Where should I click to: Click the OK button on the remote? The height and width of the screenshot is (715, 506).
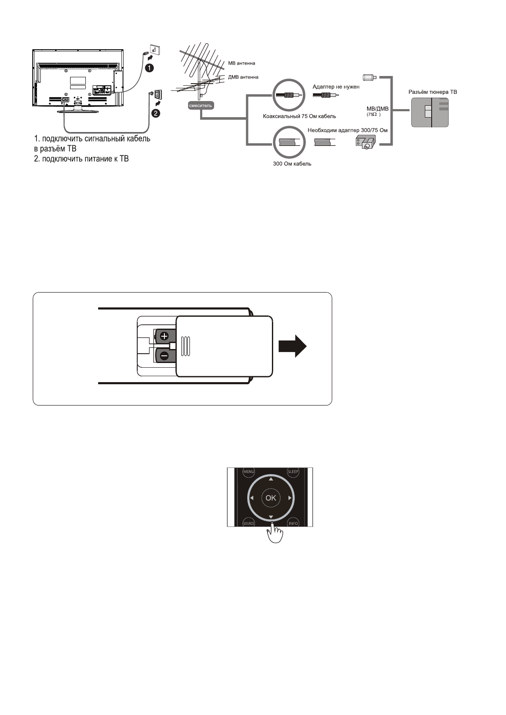point(271,498)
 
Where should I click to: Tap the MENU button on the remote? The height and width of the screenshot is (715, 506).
point(248,472)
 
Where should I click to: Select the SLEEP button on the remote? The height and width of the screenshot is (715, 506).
point(293,472)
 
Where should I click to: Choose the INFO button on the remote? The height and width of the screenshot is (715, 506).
point(293,523)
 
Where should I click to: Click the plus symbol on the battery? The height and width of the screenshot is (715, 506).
point(164,336)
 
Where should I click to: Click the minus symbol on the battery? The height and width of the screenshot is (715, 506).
point(164,356)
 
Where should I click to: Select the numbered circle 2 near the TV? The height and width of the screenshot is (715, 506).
point(157,113)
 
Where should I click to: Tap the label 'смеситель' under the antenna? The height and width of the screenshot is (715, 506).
point(200,105)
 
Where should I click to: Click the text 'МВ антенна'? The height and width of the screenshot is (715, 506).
point(242,63)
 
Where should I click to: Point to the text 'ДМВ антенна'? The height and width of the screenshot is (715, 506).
point(243,77)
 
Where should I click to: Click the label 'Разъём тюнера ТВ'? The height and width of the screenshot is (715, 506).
point(430,92)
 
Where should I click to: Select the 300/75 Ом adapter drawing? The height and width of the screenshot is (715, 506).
point(366,142)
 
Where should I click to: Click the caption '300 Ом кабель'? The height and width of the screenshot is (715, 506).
point(292,164)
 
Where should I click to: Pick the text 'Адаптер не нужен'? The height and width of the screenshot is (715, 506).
point(336,87)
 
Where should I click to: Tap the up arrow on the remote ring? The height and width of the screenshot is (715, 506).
point(271,479)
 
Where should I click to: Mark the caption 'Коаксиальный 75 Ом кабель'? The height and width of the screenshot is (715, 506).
point(300,116)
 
